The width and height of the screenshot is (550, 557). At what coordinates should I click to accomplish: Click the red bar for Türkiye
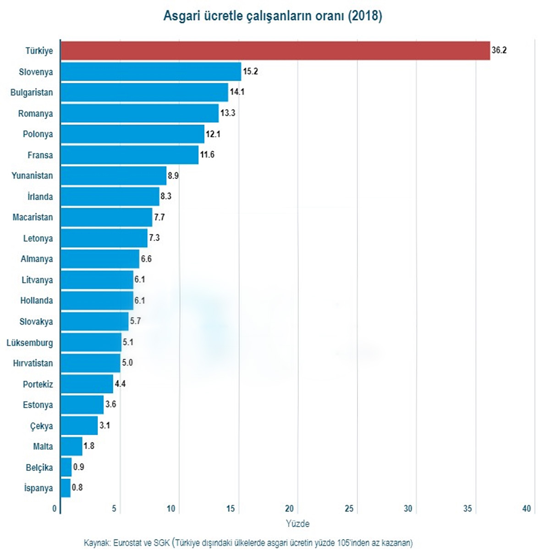(x=275, y=50)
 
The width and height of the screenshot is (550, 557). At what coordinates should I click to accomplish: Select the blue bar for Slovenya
(x=151, y=71)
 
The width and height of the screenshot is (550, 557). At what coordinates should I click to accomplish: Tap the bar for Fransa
(x=130, y=155)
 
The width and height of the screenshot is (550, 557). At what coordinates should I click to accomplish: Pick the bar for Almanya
(x=100, y=259)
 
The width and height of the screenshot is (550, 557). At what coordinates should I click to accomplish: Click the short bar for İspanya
(x=66, y=488)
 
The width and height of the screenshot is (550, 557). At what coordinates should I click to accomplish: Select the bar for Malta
(x=71, y=446)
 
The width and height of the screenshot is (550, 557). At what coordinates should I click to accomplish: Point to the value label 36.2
(x=499, y=50)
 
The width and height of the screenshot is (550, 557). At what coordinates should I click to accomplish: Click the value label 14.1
(x=237, y=92)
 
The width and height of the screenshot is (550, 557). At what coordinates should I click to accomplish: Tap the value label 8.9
(x=173, y=175)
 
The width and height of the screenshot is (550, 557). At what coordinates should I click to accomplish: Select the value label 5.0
(x=127, y=363)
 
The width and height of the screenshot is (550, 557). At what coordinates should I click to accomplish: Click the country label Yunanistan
(x=32, y=175)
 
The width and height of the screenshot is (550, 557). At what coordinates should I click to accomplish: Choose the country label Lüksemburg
(x=30, y=343)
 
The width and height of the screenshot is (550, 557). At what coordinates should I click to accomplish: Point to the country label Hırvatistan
(x=33, y=363)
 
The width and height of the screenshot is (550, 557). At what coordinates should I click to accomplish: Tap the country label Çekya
(x=41, y=426)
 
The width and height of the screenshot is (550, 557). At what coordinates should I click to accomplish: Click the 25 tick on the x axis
(x=349, y=508)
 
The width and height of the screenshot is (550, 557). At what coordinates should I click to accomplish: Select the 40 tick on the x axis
(x=526, y=508)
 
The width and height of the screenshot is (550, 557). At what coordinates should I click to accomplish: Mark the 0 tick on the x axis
(x=55, y=508)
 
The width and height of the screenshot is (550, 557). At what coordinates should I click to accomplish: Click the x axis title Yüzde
(x=297, y=524)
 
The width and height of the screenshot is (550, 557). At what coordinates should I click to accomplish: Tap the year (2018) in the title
(x=365, y=16)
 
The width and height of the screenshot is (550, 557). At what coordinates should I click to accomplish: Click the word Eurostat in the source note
(x=129, y=543)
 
